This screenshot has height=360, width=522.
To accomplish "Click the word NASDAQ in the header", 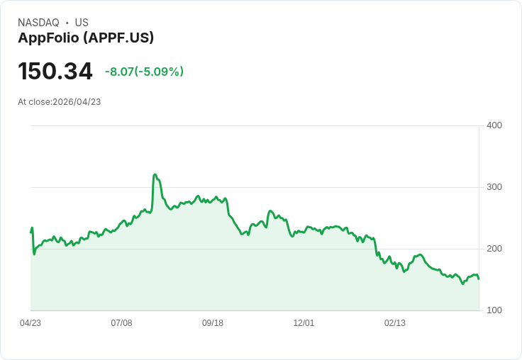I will (x=38, y=23).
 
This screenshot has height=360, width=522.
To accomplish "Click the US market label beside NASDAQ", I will (x=82, y=23).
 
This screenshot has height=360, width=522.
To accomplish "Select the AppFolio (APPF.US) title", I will (x=86, y=38).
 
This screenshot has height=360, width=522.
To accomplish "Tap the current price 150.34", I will (x=55, y=72).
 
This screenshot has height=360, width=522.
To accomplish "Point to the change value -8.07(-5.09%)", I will (x=144, y=72).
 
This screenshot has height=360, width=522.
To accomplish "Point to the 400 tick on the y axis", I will (x=494, y=125).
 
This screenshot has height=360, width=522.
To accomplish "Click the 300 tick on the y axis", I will (x=494, y=187).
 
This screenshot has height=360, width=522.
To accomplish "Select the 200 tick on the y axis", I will (x=494, y=249).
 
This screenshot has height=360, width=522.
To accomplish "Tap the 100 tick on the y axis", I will (x=494, y=310).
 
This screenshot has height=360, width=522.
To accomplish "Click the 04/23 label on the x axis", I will (x=30, y=323).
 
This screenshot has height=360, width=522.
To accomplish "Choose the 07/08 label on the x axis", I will (x=121, y=323).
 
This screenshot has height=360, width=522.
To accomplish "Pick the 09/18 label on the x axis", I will (x=213, y=323).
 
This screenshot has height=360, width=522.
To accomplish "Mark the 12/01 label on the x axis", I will (x=304, y=323).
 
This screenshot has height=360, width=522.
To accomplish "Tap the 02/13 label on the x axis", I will (x=395, y=323).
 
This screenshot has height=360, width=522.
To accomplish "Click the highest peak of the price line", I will (x=155, y=174).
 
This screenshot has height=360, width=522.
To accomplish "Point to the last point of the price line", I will (x=479, y=279).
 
